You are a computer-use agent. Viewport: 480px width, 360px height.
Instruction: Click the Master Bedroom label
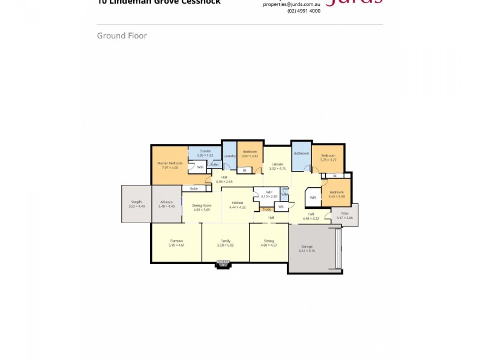pyautogui.click(x=170, y=164)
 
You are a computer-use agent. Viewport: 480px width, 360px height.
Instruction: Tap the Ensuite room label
pyautogui.click(x=205, y=151)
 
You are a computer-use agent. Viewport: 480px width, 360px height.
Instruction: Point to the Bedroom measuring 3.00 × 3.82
pyautogui.click(x=250, y=152)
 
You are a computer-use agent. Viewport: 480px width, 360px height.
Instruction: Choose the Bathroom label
pyautogui.click(x=301, y=154)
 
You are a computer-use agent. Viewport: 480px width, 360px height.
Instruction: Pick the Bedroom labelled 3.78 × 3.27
pyautogui.click(x=328, y=158)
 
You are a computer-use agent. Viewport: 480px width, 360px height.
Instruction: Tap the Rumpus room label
pyautogui.click(x=176, y=241)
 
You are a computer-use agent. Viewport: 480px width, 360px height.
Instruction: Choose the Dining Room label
pyautogui.click(x=202, y=206)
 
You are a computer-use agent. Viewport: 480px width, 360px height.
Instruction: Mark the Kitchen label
pyautogui.click(x=238, y=203)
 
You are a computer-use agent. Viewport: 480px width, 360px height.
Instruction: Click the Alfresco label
pyautogui.click(x=166, y=203)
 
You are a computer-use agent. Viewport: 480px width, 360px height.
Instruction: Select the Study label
pyautogui.click(x=266, y=209)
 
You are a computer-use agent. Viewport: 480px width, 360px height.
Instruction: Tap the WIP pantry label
pyautogui.click(x=270, y=193)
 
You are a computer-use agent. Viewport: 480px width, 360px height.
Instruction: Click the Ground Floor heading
pyautogui.click(x=122, y=36)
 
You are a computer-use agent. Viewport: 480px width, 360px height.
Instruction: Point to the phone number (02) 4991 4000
pyautogui.click(x=304, y=11)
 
